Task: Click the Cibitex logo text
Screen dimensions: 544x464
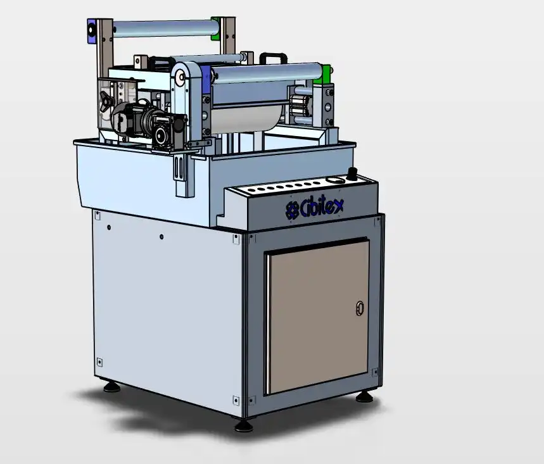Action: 315,208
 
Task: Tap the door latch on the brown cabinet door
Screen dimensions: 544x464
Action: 360,308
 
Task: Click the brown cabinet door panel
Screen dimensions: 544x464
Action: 318,317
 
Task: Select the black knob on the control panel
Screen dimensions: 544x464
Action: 353,173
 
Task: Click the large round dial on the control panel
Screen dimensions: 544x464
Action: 333,180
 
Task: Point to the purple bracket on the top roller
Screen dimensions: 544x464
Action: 91,31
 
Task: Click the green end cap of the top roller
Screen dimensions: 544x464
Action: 216,28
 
